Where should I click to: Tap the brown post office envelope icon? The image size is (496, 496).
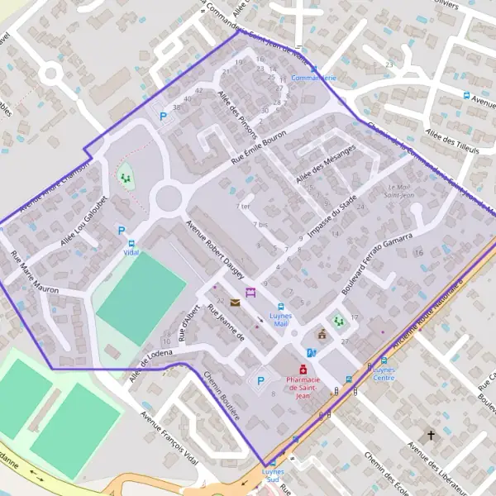pyautogui.click(x=236, y=303)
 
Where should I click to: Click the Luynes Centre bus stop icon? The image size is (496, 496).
pyautogui.click(x=384, y=360)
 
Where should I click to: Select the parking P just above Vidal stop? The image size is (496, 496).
pyautogui.click(x=122, y=231)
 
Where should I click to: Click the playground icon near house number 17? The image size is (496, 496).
pyautogui.click(x=337, y=320)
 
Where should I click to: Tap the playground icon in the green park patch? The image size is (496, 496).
pyautogui.click(x=126, y=178)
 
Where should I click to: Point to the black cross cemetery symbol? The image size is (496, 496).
pyautogui.click(x=430, y=434)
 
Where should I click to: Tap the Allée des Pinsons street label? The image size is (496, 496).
pyautogui.click(x=236, y=114)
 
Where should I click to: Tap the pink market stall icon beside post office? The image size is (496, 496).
pyautogui.click(x=250, y=293)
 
